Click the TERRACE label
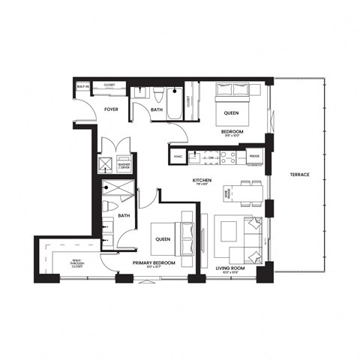(x=300, y=175)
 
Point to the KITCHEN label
(x=201, y=181)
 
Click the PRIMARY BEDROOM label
(x=154, y=263)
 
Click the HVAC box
(x=178, y=156)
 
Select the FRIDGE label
(x=254, y=156)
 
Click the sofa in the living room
(x=247, y=240)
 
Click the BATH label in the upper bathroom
(x=156, y=109)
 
